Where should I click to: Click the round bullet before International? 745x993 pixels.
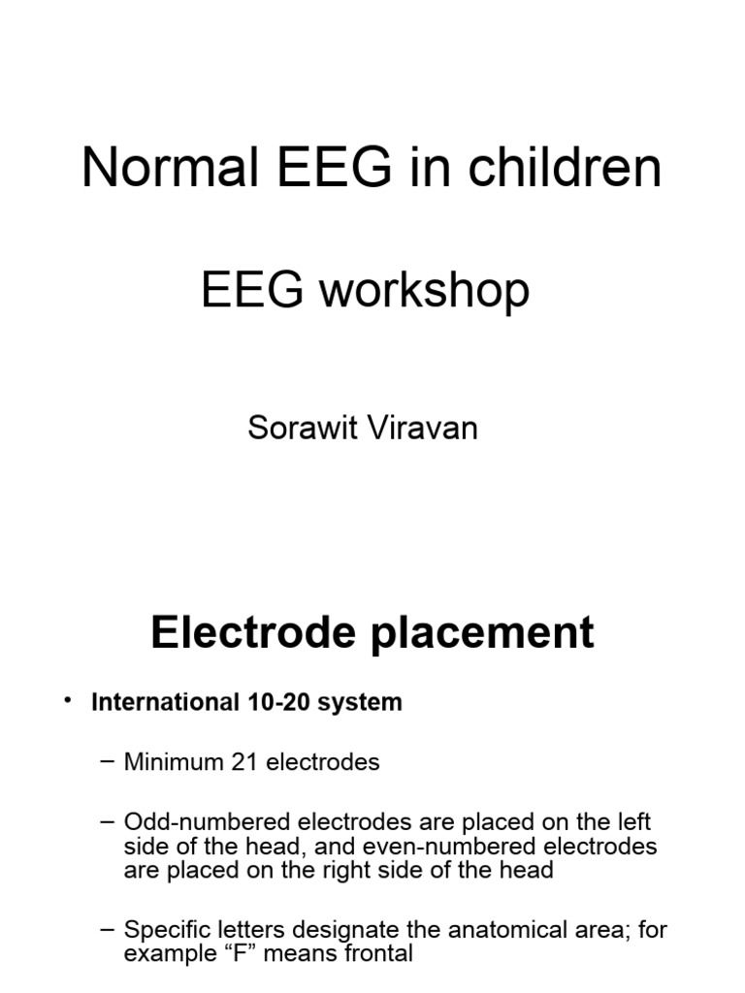(67, 701)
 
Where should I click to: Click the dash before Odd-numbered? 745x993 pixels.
(108, 822)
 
